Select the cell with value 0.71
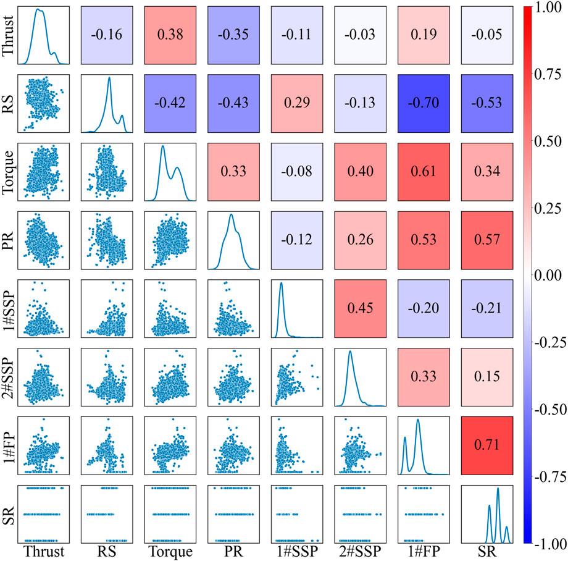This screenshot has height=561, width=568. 487,445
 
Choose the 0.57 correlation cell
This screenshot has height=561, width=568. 487,240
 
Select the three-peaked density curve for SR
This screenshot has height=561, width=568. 487,513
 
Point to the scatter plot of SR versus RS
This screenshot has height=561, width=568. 107,513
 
